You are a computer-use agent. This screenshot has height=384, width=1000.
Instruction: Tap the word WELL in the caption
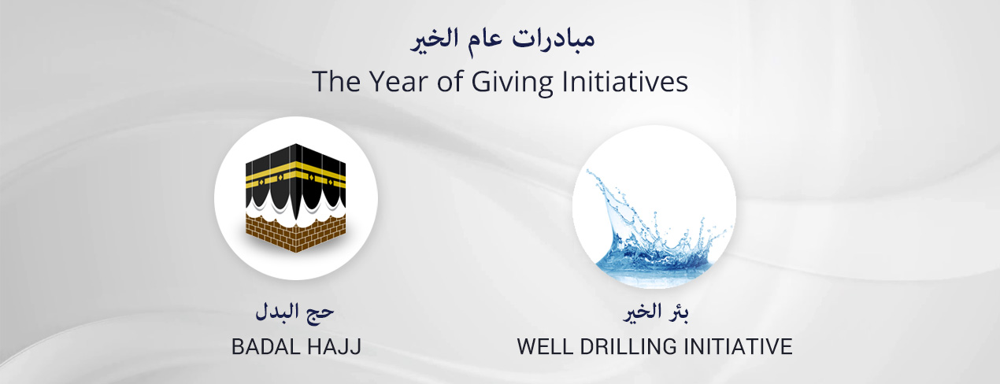point(545,347)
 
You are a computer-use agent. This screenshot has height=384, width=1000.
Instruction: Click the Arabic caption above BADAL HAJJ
point(294,312)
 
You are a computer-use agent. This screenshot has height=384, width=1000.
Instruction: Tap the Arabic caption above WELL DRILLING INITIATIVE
point(655,312)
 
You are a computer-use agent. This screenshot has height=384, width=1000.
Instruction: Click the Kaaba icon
point(295,198)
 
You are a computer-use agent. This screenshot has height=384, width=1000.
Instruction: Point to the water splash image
point(656,227)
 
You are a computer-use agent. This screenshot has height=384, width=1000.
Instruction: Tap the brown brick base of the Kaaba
point(295,232)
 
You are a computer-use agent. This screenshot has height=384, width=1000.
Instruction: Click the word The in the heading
point(336,81)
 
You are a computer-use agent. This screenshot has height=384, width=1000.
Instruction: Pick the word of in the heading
point(450,81)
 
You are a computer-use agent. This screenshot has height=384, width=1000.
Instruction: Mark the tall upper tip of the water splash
point(588,172)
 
